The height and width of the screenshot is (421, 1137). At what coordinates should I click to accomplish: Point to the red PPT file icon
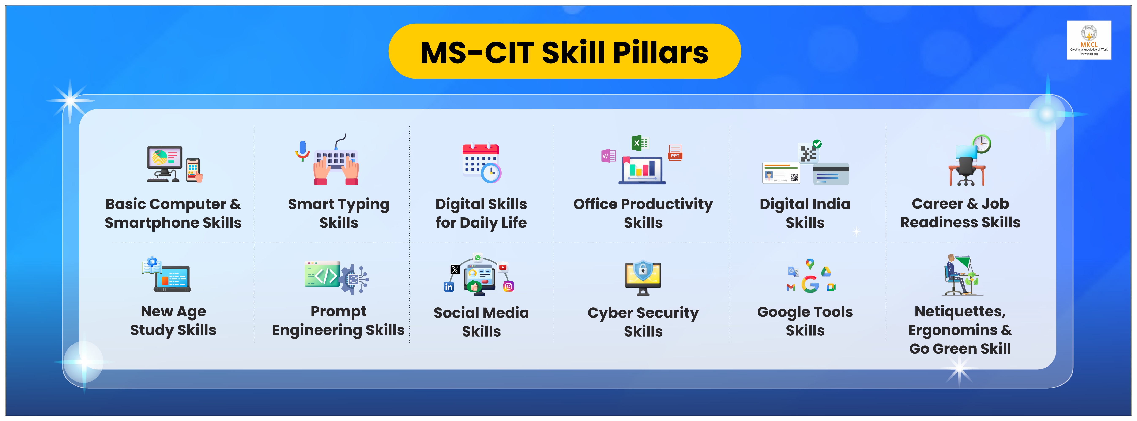point(675,152)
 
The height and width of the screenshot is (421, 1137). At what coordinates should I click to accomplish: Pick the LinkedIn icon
point(448,287)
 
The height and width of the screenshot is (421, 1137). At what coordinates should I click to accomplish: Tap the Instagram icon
point(508,287)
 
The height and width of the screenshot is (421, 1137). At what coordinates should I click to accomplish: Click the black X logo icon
point(455,270)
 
